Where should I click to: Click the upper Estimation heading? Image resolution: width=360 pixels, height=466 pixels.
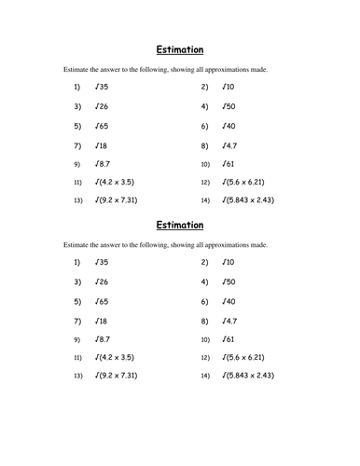point(178,49)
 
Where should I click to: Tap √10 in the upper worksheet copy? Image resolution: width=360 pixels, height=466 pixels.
point(228,87)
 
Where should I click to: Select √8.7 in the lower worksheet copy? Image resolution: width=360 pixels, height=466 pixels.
point(104,338)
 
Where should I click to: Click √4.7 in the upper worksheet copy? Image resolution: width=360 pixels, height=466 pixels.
point(230,144)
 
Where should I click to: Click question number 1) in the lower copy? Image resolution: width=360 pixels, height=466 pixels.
point(77,262)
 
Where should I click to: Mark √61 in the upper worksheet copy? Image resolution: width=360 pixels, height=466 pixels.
point(228,163)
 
